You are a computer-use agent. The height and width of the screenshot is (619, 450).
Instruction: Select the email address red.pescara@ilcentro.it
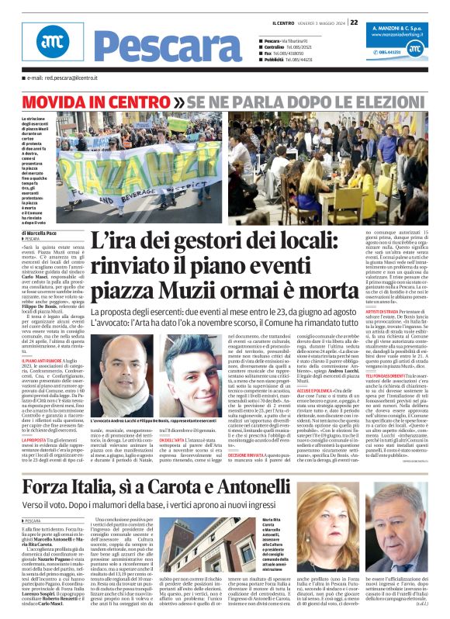pos(62,78)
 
